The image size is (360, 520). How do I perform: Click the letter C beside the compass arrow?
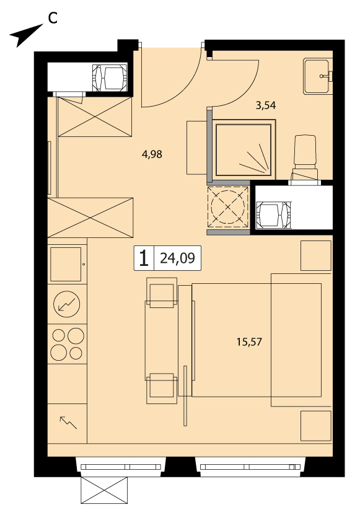[53, 18]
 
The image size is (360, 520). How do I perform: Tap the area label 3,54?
[266, 105]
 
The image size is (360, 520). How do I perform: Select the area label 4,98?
[152, 154]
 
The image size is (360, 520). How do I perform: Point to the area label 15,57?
[249, 342]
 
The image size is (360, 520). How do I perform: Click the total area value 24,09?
[177, 258]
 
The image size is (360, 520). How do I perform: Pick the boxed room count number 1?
[144, 258]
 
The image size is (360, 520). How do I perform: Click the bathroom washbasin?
[317, 76]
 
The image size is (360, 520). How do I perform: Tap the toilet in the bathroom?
[304, 159]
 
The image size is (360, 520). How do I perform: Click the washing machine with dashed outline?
[228, 207]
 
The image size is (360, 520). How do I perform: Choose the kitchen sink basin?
[66, 264]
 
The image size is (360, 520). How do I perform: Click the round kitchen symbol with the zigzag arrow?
[67, 304]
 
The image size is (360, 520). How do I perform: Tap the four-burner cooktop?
[67, 344]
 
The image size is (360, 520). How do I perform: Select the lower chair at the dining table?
[162, 389]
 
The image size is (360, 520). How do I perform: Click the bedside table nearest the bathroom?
[316, 256]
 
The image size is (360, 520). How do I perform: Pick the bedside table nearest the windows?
[316, 426]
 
